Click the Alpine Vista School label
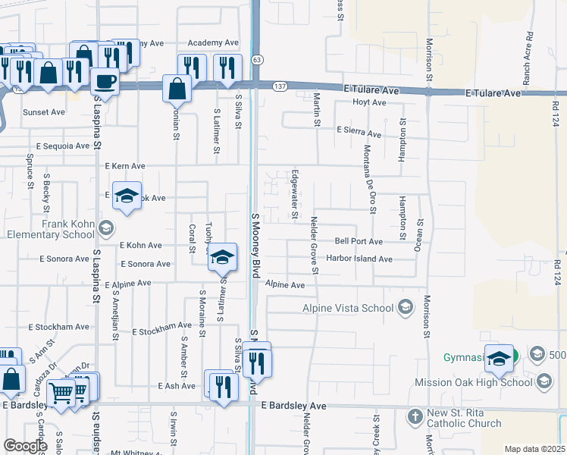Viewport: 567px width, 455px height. [348, 308]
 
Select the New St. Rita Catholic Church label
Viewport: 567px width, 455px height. [464, 418]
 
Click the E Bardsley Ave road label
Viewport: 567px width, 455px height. [294, 406]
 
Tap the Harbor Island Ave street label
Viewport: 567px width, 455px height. [359, 259]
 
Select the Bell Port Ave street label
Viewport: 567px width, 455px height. [359, 242]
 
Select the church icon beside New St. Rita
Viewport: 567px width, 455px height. [414, 416]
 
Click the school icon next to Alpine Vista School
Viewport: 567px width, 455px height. [406, 307]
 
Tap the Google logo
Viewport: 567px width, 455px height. [25, 446]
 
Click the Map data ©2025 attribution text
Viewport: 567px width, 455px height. [534, 449]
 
